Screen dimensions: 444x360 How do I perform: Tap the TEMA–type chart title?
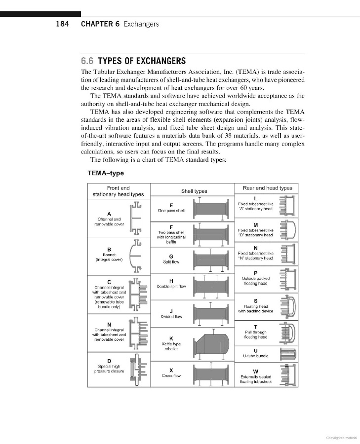click(106, 173)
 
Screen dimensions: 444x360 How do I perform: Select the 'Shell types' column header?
click(194, 191)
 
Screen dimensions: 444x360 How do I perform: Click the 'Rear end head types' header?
click(267, 188)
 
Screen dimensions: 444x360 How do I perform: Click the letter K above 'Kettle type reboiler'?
click(171, 338)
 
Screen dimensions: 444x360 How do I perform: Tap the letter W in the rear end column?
click(255, 371)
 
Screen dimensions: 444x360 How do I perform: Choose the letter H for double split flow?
click(171, 281)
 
